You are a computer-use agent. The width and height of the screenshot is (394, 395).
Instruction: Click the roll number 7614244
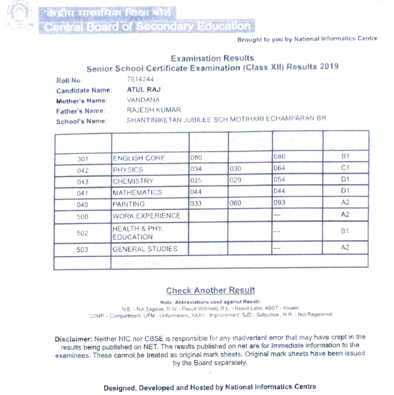(x=136, y=80)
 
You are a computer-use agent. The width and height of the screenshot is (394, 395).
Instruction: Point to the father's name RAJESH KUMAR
(x=154, y=111)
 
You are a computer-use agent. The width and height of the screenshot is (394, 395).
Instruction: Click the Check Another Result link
(x=210, y=291)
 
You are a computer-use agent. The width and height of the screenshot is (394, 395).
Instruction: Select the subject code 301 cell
(x=83, y=159)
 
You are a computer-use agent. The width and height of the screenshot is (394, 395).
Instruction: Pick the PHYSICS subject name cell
(x=128, y=170)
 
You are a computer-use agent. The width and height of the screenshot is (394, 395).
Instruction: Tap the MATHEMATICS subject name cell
(x=137, y=193)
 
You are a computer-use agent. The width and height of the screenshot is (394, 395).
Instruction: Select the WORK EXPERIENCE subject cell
(x=146, y=216)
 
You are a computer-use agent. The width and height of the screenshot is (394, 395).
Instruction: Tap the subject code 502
(x=83, y=233)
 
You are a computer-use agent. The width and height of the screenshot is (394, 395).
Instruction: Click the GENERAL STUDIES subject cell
(x=144, y=249)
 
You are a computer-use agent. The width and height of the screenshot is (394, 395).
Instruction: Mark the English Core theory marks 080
(x=196, y=158)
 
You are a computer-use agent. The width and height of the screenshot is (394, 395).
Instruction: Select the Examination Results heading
(x=212, y=58)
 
